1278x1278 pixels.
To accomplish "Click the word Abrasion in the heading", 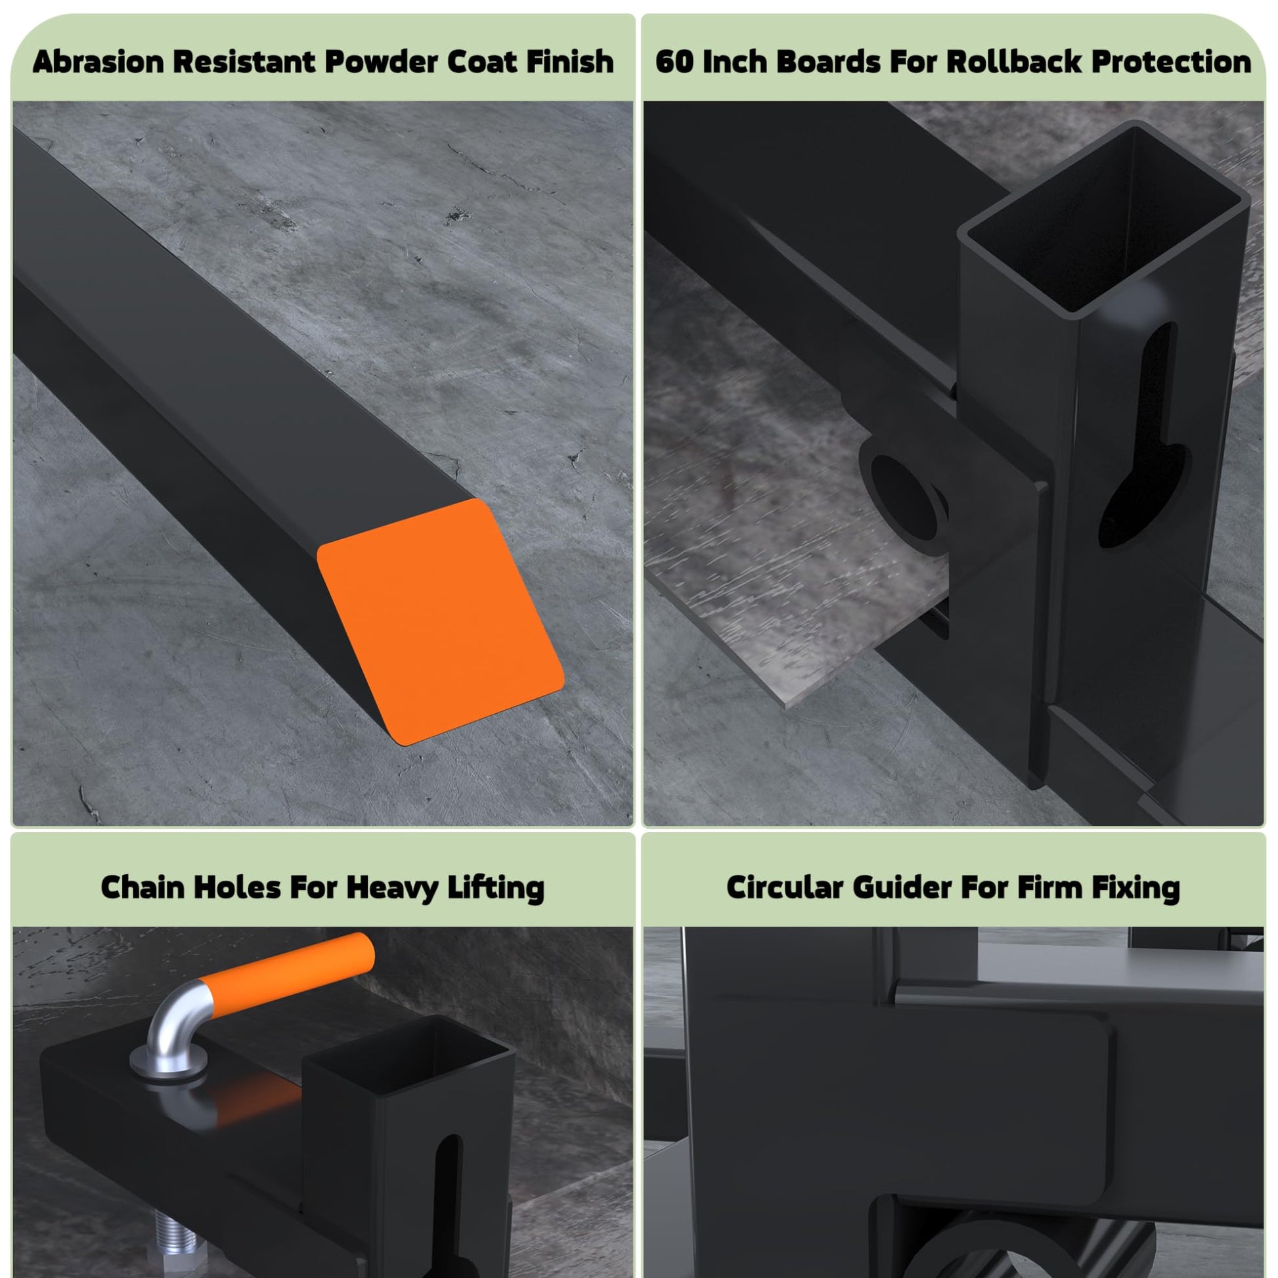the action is pyautogui.click(x=98, y=62).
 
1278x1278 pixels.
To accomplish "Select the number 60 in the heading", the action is pyautogui.click(x=674, y=62).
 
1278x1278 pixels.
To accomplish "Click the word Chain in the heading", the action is pyautogui.click(x=143, y=887).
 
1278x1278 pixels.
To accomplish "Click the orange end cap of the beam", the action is pyautogui.click(x=440, y=622).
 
